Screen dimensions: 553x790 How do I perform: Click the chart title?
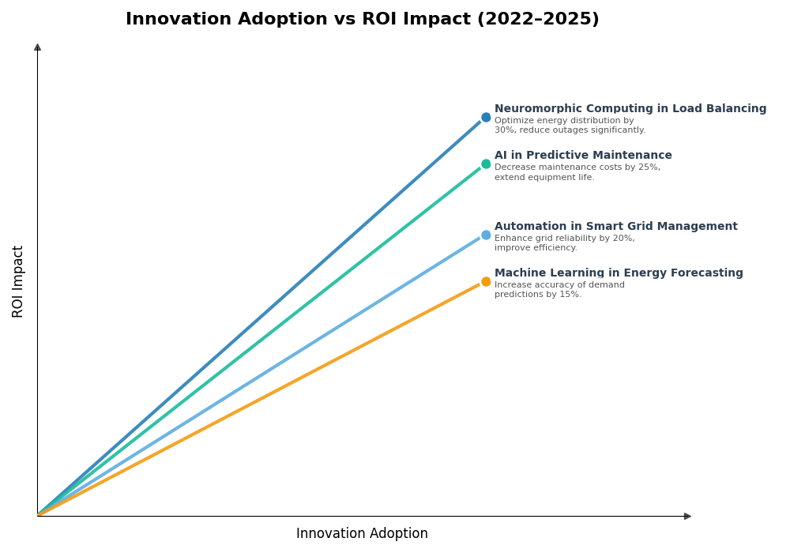point(362,20)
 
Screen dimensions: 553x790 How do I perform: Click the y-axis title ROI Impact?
point(18,281)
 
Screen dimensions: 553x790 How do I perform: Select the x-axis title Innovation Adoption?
point(362,534)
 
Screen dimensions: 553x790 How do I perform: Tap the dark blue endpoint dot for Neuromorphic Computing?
point(486,118)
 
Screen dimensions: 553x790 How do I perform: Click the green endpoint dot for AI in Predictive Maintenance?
point(486,164)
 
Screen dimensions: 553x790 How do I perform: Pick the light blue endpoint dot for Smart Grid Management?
point(486,235)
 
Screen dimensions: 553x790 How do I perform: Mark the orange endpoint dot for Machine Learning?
point(486,282)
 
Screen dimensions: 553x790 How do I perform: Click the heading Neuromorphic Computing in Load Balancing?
point(630,109)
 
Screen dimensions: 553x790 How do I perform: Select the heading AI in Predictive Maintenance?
point(583,156)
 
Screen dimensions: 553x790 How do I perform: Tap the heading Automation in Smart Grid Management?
point(615,227)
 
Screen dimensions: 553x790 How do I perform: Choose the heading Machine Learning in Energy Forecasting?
point(619,273)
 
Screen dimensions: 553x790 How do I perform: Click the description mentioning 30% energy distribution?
point(569,126)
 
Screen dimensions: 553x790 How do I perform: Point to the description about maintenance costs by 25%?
point(577,172)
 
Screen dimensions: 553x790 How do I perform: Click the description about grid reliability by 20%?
point(564,243)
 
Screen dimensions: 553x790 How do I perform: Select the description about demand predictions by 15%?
point(559,290)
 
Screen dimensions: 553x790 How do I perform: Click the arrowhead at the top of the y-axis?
point(37,47)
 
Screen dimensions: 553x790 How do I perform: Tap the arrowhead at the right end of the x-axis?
point(687,516)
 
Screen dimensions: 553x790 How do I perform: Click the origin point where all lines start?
point(38,515)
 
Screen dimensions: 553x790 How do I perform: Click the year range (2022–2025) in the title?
point(537,20)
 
